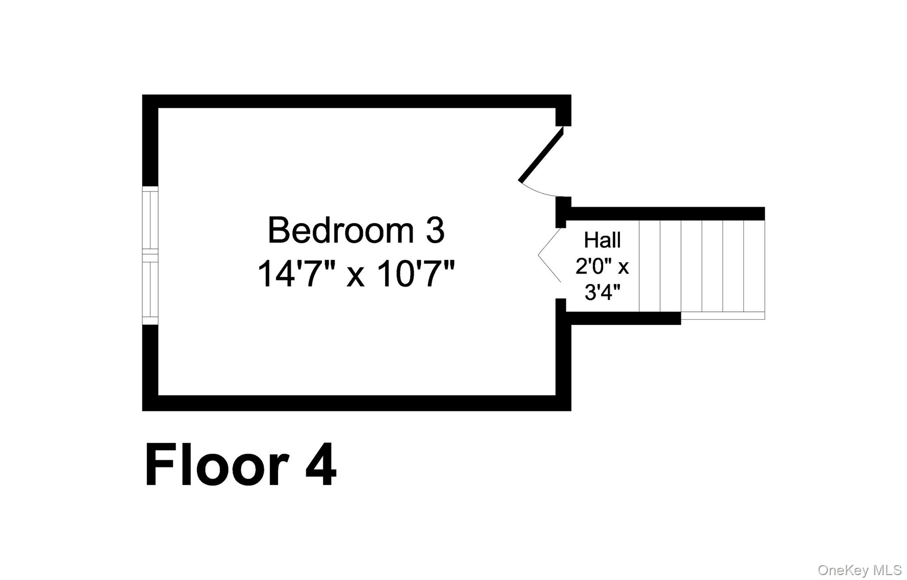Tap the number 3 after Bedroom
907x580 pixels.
tap(435, 231)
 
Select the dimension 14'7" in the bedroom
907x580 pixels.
tap(295, 274)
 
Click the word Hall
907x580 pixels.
tap(602, 240)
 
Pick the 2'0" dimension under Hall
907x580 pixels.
tap(593, 266)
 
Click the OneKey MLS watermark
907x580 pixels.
tap(860, 570)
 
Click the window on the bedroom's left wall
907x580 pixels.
tap(150, 255)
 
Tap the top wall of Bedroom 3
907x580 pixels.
tap(357, 101)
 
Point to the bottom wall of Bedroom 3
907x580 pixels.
tap(357, 403)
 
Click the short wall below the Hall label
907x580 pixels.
tap(623, 318)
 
